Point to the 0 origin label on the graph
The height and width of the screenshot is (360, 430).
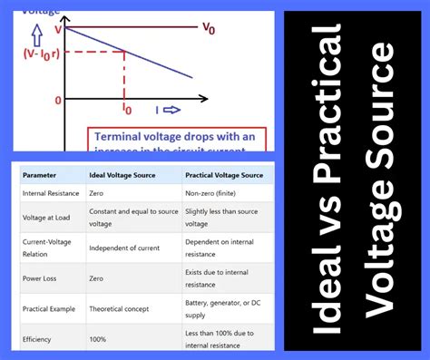pos(57,100)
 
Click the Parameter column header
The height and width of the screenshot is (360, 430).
pos(41,174)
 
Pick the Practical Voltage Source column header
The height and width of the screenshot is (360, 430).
pos(224,174)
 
